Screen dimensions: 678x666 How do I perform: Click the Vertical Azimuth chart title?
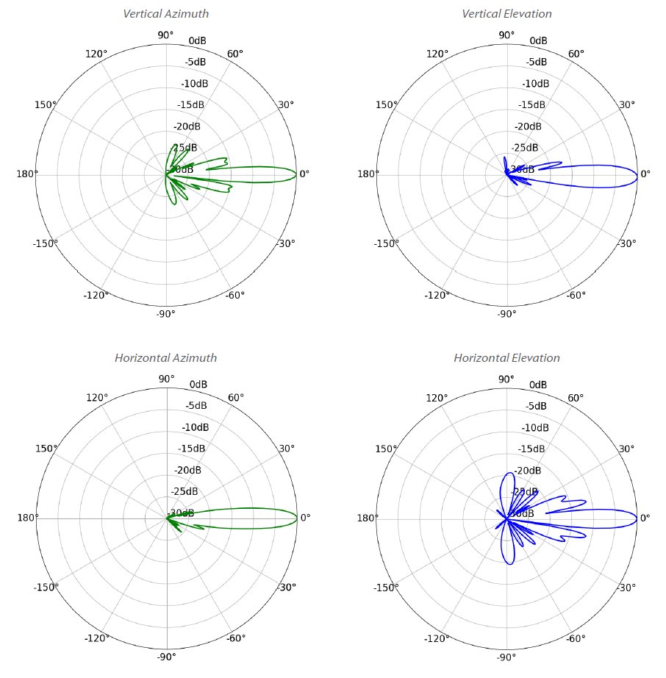165,14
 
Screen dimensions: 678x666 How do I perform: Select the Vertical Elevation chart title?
506,14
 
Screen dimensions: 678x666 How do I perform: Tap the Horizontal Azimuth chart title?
165,358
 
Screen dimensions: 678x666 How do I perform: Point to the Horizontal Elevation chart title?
506,358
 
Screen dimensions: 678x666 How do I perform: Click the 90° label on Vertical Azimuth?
166,35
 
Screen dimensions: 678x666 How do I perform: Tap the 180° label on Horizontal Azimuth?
27,518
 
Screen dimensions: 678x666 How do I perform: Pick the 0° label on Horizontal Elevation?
645,518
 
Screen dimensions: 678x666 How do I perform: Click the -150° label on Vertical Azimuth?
46,243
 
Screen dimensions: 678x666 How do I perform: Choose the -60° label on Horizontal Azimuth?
236,638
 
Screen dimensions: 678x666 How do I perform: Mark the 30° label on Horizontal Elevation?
627,449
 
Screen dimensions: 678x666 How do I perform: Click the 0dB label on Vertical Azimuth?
197,40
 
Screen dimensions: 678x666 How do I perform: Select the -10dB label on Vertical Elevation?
536,83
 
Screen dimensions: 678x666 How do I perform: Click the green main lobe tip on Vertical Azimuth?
295,174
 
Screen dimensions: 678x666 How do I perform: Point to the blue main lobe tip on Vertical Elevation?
637,175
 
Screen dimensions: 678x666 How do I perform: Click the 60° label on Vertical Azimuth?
235,54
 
